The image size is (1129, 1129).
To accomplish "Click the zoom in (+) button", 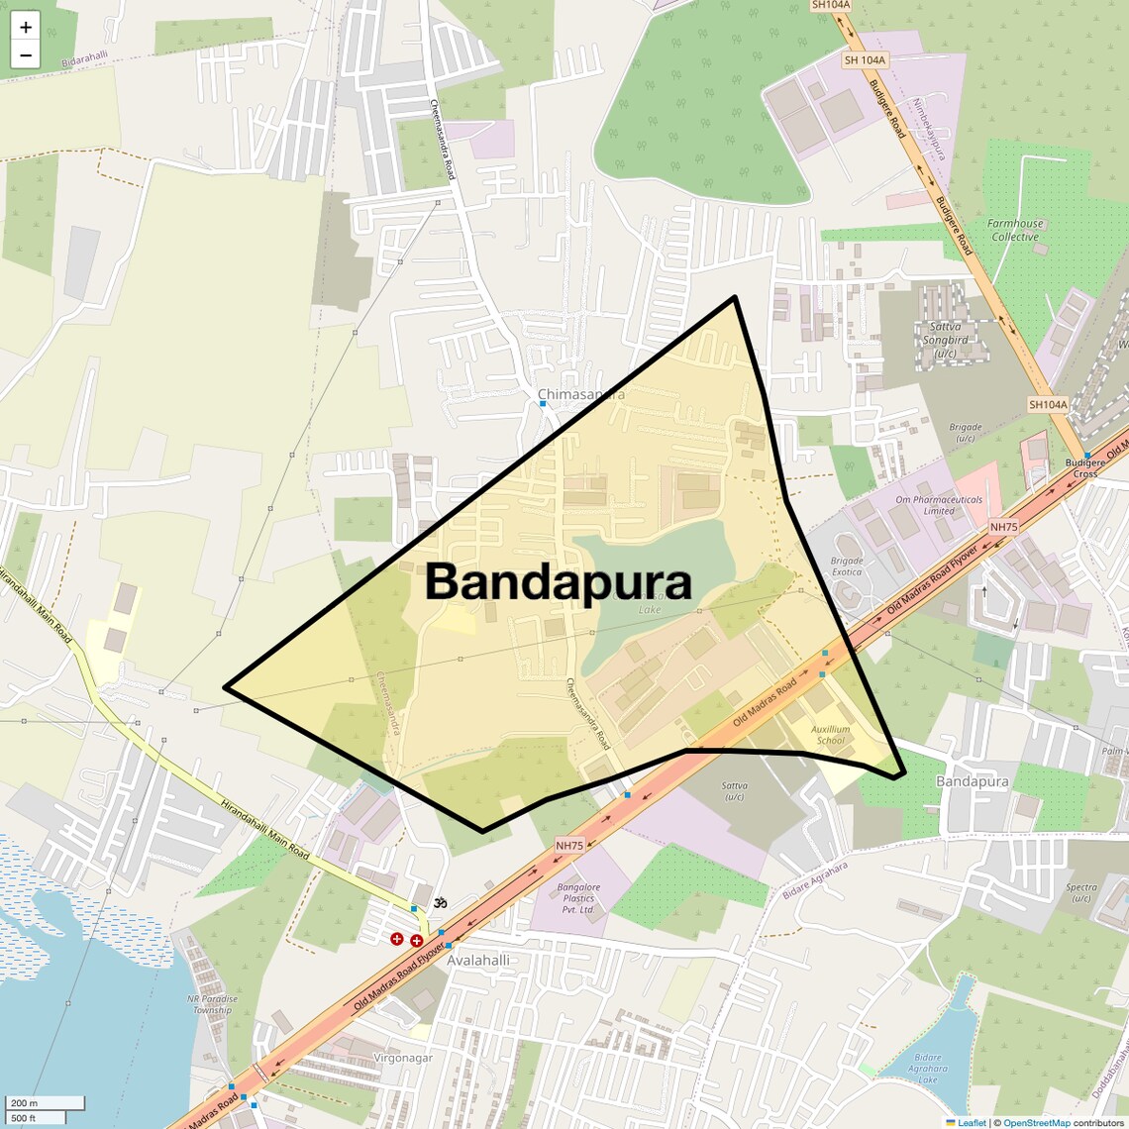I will point(26,28).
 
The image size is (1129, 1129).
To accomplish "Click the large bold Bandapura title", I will point(558,581).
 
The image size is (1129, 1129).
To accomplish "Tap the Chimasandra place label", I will point(581,394).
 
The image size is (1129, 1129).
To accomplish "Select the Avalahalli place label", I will point(478,960).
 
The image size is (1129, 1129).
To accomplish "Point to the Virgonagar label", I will point(403,1058).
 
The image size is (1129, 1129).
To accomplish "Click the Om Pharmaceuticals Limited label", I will point(939,505).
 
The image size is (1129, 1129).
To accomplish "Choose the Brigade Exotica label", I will point(847,566).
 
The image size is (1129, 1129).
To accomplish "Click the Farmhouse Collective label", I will point(1015,231).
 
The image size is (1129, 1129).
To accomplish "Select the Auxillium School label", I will point(830,735).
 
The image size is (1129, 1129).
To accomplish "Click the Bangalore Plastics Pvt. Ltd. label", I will point(578,898).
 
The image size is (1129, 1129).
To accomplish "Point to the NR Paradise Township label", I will point(213,1004).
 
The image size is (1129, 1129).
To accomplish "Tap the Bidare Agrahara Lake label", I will point(927,1069).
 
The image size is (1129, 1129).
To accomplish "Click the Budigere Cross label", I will point(1084,467).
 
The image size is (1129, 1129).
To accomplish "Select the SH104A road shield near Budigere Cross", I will point(1048,404).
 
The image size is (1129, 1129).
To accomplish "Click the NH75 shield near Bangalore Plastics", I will point(569,846).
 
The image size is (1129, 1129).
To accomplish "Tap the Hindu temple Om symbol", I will point(440,902).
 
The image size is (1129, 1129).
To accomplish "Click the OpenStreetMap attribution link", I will point(1036,1123).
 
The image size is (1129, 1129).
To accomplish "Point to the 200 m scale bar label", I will point(25,1102).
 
